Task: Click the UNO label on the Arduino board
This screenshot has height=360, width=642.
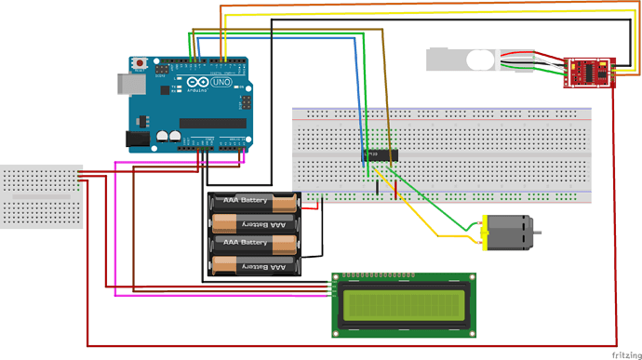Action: [x=222, y=83]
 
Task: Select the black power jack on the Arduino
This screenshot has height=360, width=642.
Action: [x=137, y=140]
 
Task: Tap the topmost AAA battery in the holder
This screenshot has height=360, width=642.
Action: [x=254, y=202]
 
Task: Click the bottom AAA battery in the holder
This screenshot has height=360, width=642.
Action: [x=254, y=266]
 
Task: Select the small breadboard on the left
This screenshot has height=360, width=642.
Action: [x=42, y=196]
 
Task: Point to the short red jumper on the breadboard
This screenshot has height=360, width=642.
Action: [x=396, y=190]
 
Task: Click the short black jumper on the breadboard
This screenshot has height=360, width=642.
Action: [x=377, y=188]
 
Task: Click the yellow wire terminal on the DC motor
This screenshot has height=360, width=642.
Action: [x=481, y=241]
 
